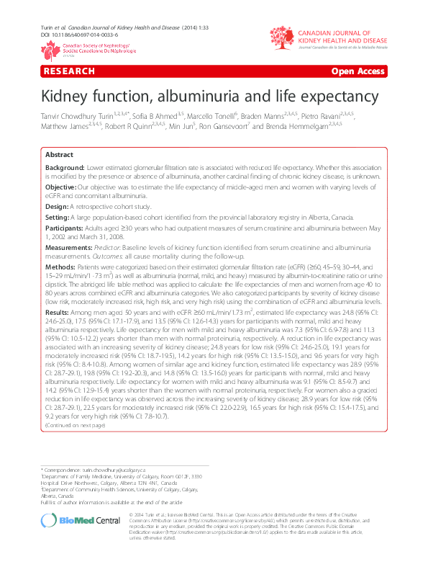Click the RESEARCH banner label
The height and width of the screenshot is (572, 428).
[69, 71]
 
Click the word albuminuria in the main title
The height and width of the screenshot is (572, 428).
[220, 96]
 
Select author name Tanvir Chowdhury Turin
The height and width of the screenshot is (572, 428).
[81, 117]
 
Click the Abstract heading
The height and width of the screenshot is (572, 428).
[59, 155]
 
